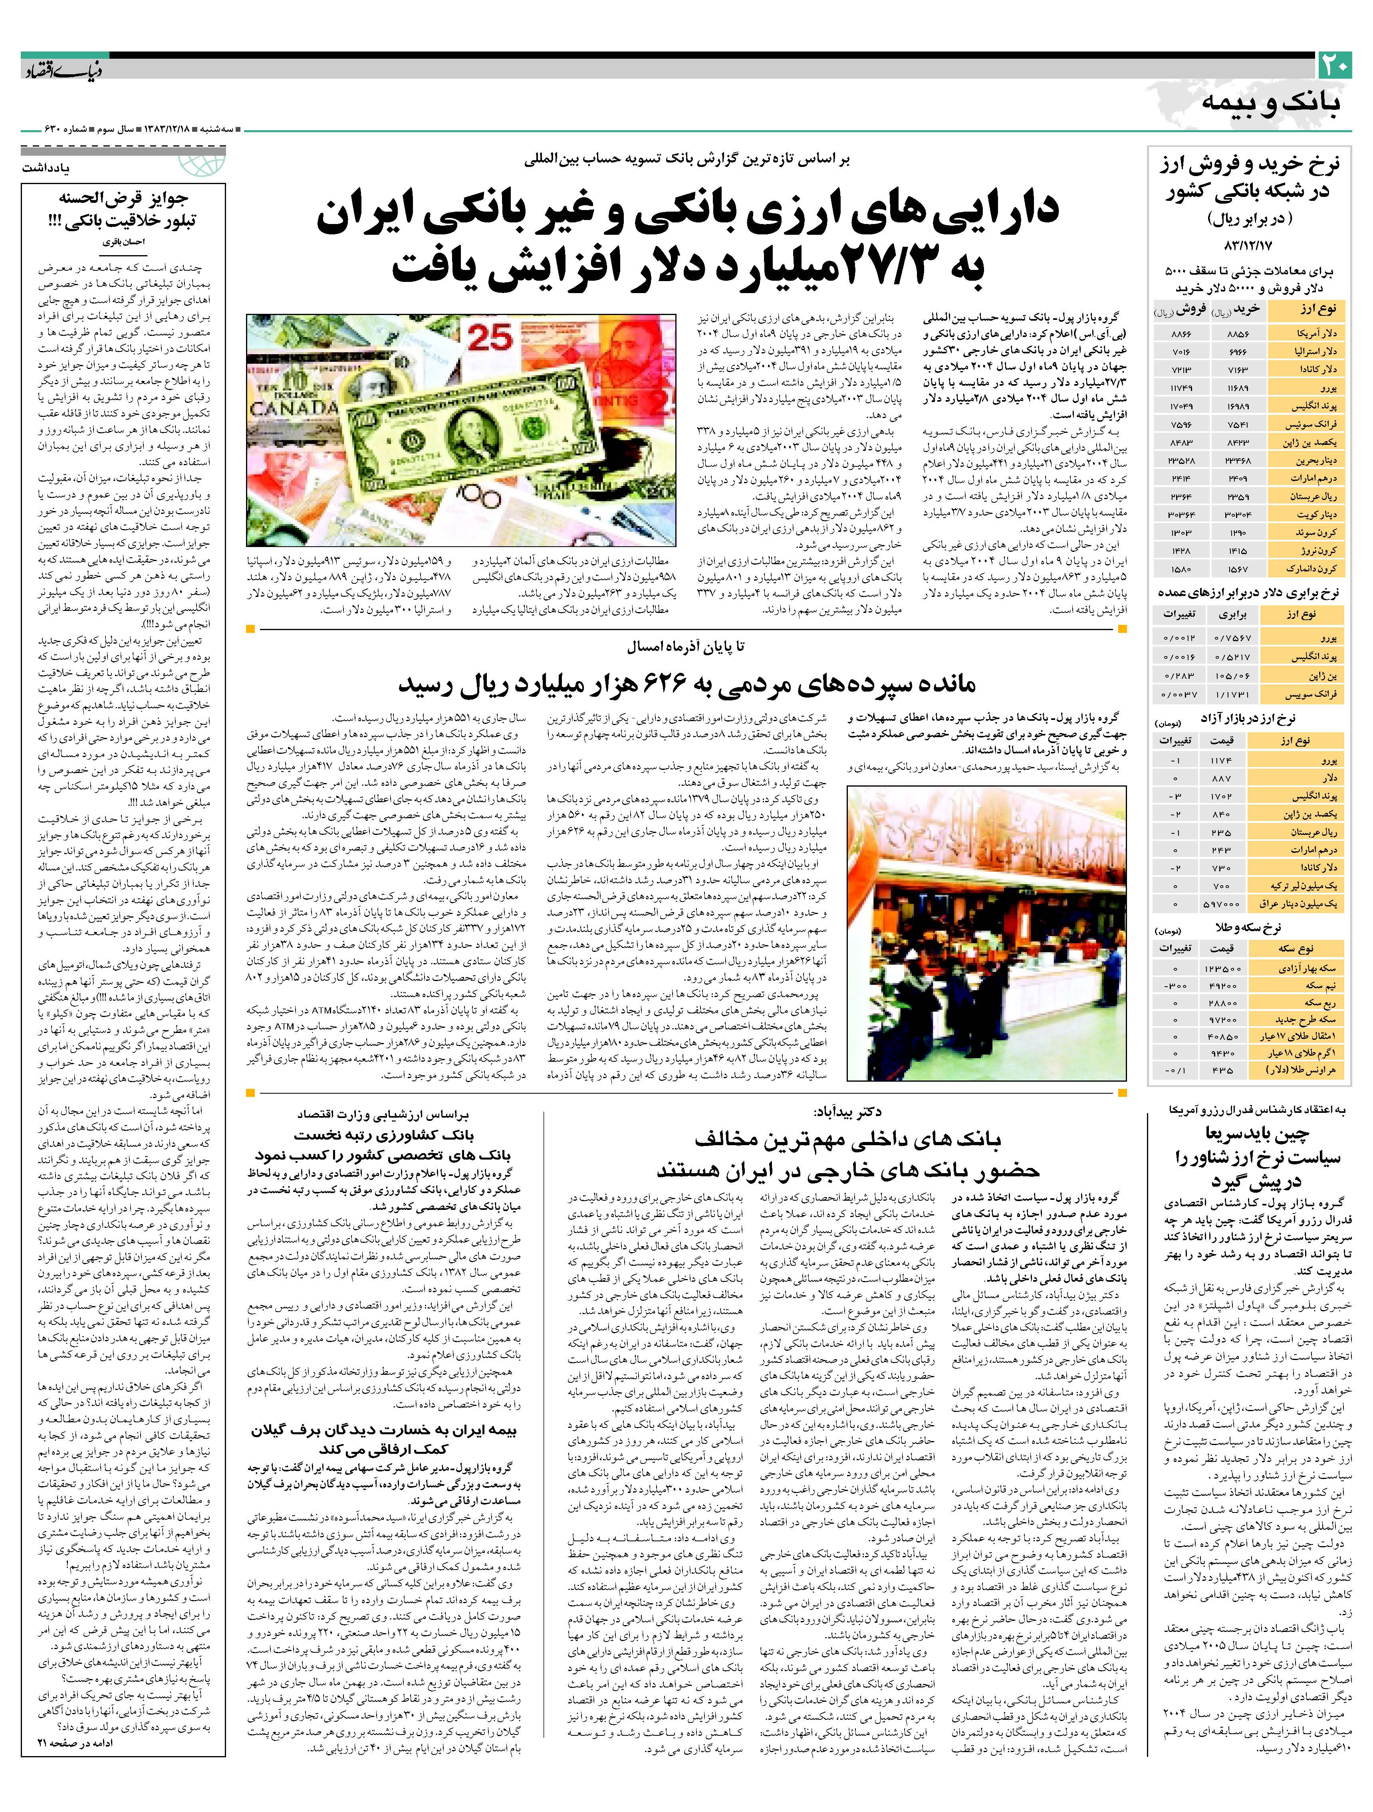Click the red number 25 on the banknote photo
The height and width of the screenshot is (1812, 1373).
(x=490, y=336)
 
